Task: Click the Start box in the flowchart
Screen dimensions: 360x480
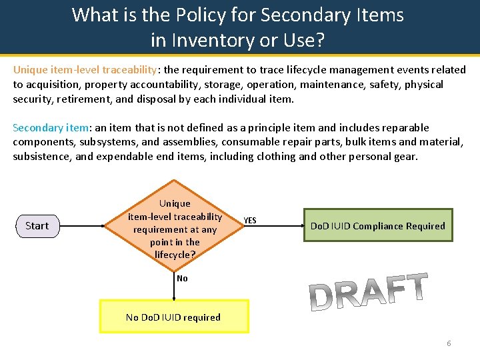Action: tap(37, 226)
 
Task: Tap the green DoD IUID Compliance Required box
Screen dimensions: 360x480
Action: tap(377, 226)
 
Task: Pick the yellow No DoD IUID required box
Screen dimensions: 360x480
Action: tap(173, 317)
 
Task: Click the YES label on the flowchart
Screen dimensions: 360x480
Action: tap(249, 221)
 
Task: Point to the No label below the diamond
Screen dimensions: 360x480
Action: tap(182, 278)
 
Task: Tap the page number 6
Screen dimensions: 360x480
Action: tap(449, 343)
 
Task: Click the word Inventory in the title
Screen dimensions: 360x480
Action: tap(205, 41)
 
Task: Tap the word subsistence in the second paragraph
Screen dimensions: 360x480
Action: tap(41, 157)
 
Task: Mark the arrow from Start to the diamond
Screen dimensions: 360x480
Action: tap(83, 226)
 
